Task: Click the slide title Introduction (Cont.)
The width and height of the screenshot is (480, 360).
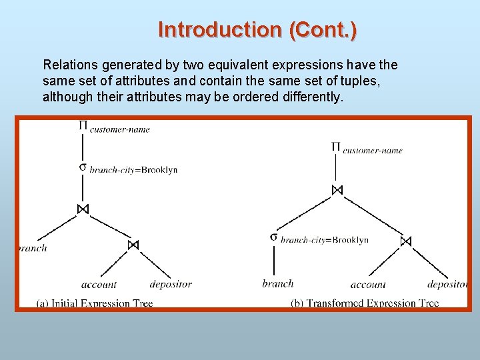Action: [257, 30]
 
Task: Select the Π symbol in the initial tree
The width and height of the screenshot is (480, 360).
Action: [83, 125]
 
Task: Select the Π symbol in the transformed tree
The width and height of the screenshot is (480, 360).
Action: [336, 147]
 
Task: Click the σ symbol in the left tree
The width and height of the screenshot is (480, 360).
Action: [83, 167]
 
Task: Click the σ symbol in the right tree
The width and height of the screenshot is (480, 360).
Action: [274, 237]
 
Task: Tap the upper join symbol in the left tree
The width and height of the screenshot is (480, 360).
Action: [83, 209]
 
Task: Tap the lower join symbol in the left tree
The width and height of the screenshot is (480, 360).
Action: [133, 245]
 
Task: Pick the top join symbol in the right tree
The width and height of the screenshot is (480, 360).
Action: [337, 190]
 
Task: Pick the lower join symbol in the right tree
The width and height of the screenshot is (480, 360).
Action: [406, 241]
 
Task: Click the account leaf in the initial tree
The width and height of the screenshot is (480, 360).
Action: [99, 285]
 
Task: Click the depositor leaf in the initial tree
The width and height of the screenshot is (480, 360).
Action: [171, 285]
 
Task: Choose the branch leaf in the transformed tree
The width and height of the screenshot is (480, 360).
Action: [278, 283]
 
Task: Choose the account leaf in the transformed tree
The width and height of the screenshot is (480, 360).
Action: [368, 285]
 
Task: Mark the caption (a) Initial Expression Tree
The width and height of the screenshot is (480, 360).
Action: [95, 303]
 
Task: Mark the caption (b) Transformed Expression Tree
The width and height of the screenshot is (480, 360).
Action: [365, 303]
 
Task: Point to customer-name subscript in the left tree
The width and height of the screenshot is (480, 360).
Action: [120, 129]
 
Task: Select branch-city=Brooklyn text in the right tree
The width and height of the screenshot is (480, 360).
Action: [325, 240]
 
